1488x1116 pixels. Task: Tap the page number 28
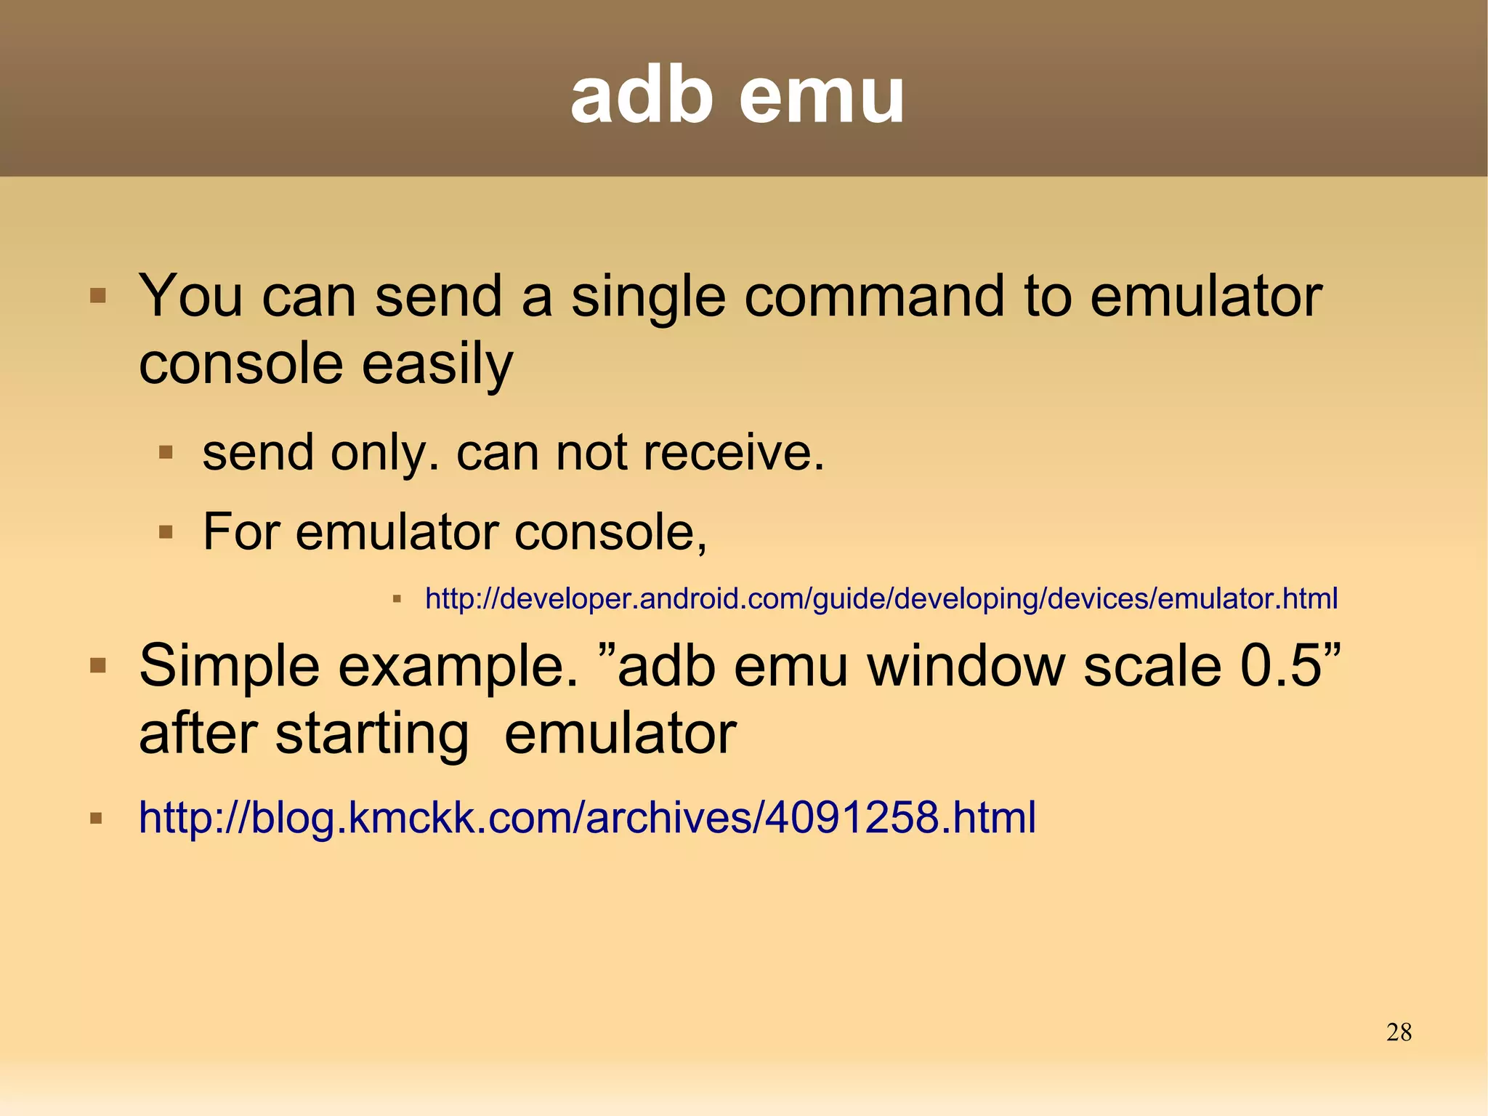pos(1399,1032)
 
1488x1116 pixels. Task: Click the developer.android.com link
pos(881,598)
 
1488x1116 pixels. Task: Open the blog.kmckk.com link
pos(587,817)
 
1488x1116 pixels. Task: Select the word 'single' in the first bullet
pos(647,298)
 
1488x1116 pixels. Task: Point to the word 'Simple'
pos(229,667)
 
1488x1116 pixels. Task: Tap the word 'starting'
pos(372,734)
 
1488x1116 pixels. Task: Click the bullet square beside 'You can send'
pos(98,296)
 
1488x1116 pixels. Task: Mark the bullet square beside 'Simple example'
pos(98,665)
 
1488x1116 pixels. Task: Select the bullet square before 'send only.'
pos(166,453)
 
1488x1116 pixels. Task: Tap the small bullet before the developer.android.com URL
pos(397,599)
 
